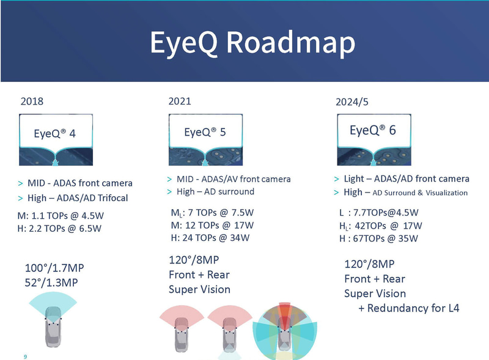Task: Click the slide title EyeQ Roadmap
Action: click(252, 42)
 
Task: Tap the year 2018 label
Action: click(32, 101)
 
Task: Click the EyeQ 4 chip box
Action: click(55, 134)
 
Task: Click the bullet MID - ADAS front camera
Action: click(79, 183)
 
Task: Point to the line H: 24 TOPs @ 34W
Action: click(211, 238)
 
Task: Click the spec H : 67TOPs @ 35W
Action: click(378, 238)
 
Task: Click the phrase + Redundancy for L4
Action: click(408, 308)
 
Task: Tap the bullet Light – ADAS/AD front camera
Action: click(406, 178)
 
